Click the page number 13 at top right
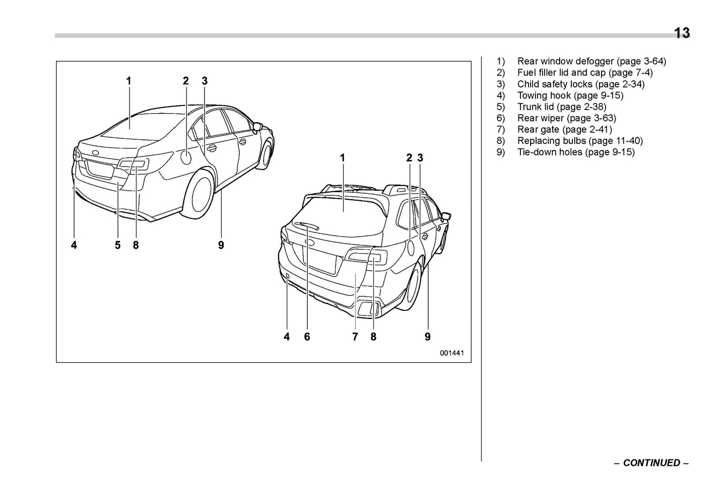pyautogui.click(x=682, y=33)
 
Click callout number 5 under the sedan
pyautogui.click(x=117, y=245)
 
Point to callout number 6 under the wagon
pyautogui.click(x=307, y=337)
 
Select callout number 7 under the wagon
pyautogui.click(x=355, y=337)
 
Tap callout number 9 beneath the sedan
pyautogui.click(x=221, y=245)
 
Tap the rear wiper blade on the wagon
pyautogui.click(x=306, y=227)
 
